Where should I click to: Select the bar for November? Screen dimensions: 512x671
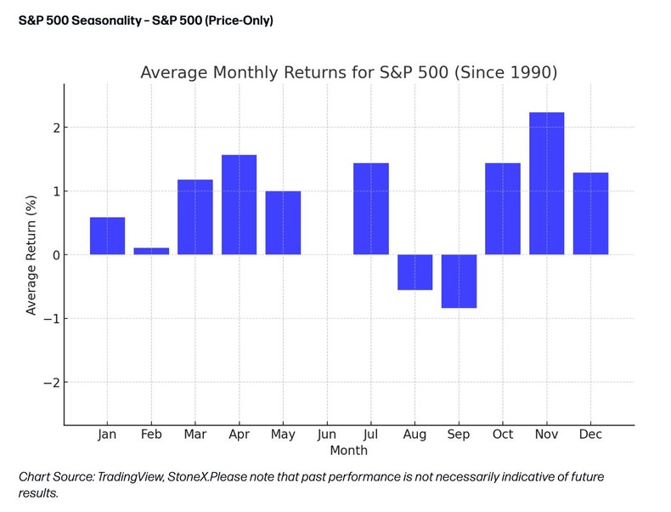coord(546,184)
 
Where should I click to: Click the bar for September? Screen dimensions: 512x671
coord(459,281)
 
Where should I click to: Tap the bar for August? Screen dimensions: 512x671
coord(414,272)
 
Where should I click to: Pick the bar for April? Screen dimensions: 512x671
coord(239,205)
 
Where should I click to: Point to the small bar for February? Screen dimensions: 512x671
coord(151,251)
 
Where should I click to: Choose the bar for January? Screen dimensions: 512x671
coord(107,236)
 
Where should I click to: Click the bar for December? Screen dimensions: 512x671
coord(590,213)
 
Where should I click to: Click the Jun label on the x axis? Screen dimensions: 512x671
coord(327,435)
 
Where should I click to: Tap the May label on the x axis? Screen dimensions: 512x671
coord(283,435)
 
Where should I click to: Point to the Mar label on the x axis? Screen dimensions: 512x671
coord(195,435)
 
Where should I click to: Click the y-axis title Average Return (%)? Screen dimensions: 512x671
coord(31,255)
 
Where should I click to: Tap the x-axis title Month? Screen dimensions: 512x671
coord(349,450)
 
